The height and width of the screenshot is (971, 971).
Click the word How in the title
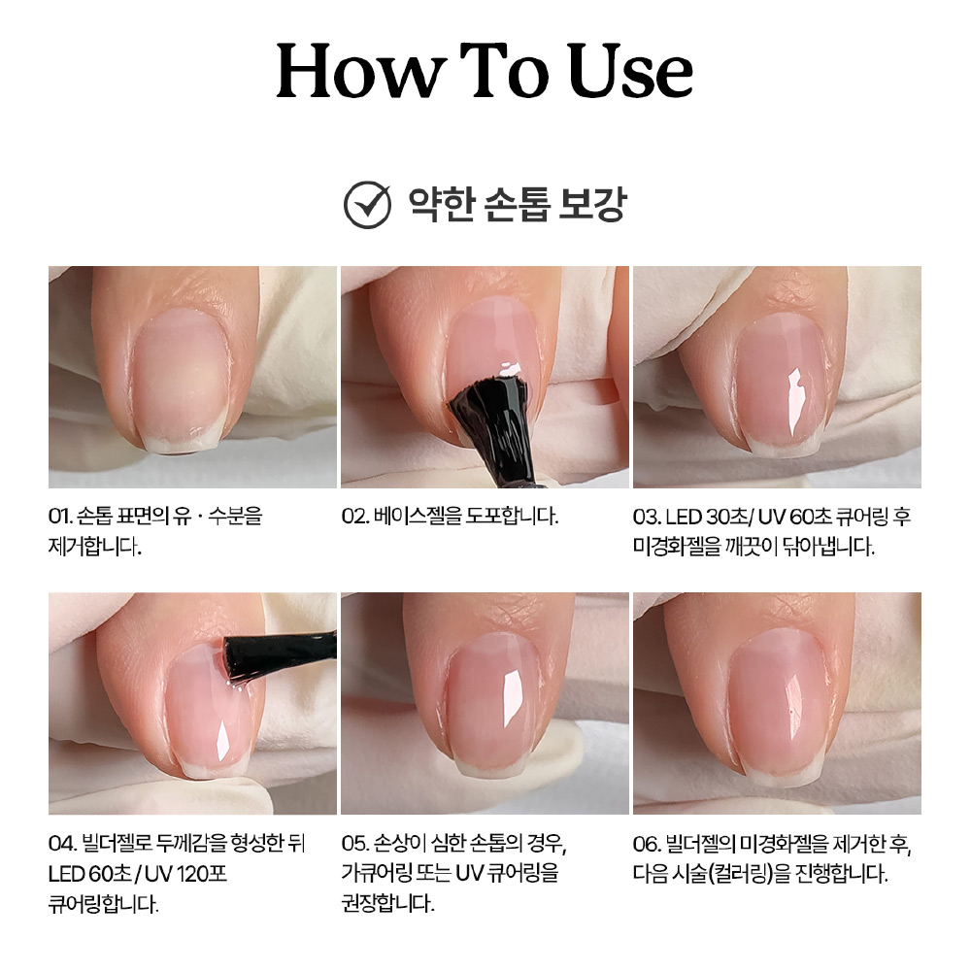(x=361, y=70)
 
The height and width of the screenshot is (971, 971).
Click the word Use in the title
(x=630, y=70)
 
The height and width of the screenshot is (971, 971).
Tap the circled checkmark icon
(x=367, y=205)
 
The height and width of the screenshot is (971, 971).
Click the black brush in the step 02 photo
(x=493, y=427)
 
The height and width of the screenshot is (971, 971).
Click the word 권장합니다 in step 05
(x=387, y=903)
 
